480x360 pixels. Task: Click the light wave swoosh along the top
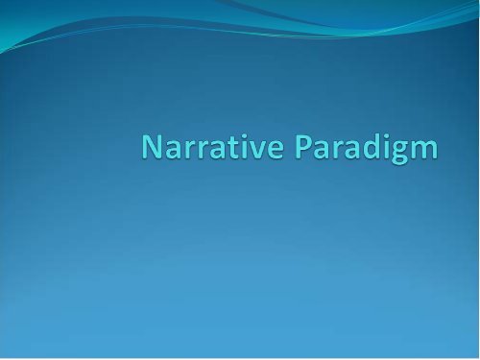pyautogui.click(x=288, y=24)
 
